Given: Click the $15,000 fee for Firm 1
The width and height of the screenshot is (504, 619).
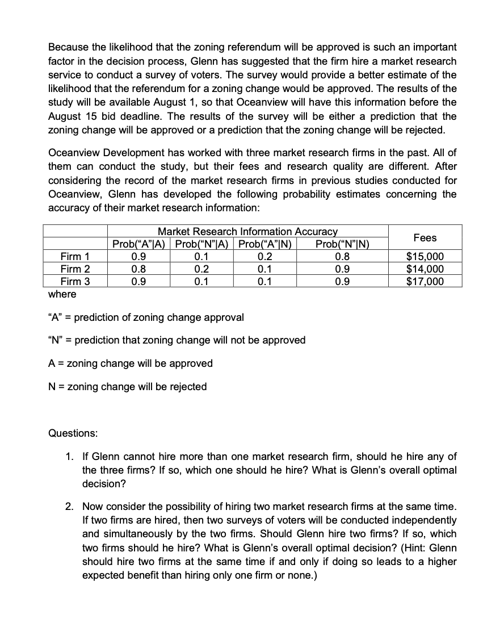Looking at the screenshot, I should [x=425, y=257].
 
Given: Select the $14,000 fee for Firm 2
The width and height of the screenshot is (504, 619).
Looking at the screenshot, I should [x=425, y=269].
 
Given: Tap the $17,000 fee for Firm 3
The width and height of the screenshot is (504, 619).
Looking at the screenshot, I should [x=425, y=282].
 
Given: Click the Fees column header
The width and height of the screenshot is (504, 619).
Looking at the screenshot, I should [x=425, y=238].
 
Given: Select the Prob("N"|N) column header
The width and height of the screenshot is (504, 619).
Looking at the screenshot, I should [x=342, y=245].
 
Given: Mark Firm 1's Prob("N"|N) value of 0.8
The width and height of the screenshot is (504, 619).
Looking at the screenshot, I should [x=342, y=257].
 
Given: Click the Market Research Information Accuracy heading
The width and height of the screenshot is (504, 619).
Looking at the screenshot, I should [x=247, y=232].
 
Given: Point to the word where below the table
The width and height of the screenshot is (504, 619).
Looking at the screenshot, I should [x=62, y=294].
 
